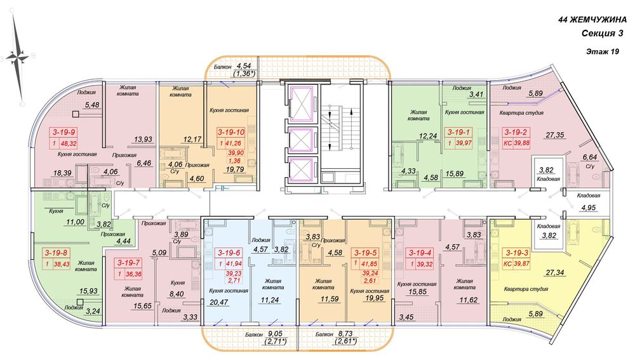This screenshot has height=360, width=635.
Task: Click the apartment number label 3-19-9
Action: point(64,132)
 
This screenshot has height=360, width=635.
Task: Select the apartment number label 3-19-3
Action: point(516,253)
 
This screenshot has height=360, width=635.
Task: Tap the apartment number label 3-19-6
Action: point(229,253)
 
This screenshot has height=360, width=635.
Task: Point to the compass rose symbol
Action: point(17,58)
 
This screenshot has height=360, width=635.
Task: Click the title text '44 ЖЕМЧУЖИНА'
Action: point(592,20)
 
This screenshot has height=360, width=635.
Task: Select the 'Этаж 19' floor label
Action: point(602,51)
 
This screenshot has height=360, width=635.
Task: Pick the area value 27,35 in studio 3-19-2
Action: point(554,135)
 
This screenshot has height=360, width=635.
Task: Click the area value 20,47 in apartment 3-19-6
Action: point(218,302)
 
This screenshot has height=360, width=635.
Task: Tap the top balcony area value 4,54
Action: point(244,66)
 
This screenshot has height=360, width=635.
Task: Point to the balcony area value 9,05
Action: point(275,334)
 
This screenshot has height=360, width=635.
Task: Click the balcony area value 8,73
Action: point(345,334)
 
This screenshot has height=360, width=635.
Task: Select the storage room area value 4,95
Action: point(589,208)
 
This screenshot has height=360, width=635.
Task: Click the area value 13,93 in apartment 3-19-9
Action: point(143,139)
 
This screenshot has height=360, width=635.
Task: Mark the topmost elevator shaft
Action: point(301,104)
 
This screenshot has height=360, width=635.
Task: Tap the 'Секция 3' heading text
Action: point(602,34)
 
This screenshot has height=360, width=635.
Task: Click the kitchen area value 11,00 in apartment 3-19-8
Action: point(75,222)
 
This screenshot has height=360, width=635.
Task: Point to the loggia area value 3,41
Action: point(476,95)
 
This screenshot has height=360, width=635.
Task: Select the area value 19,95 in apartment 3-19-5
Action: point(374,298)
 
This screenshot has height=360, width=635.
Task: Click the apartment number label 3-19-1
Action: point(458,132)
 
